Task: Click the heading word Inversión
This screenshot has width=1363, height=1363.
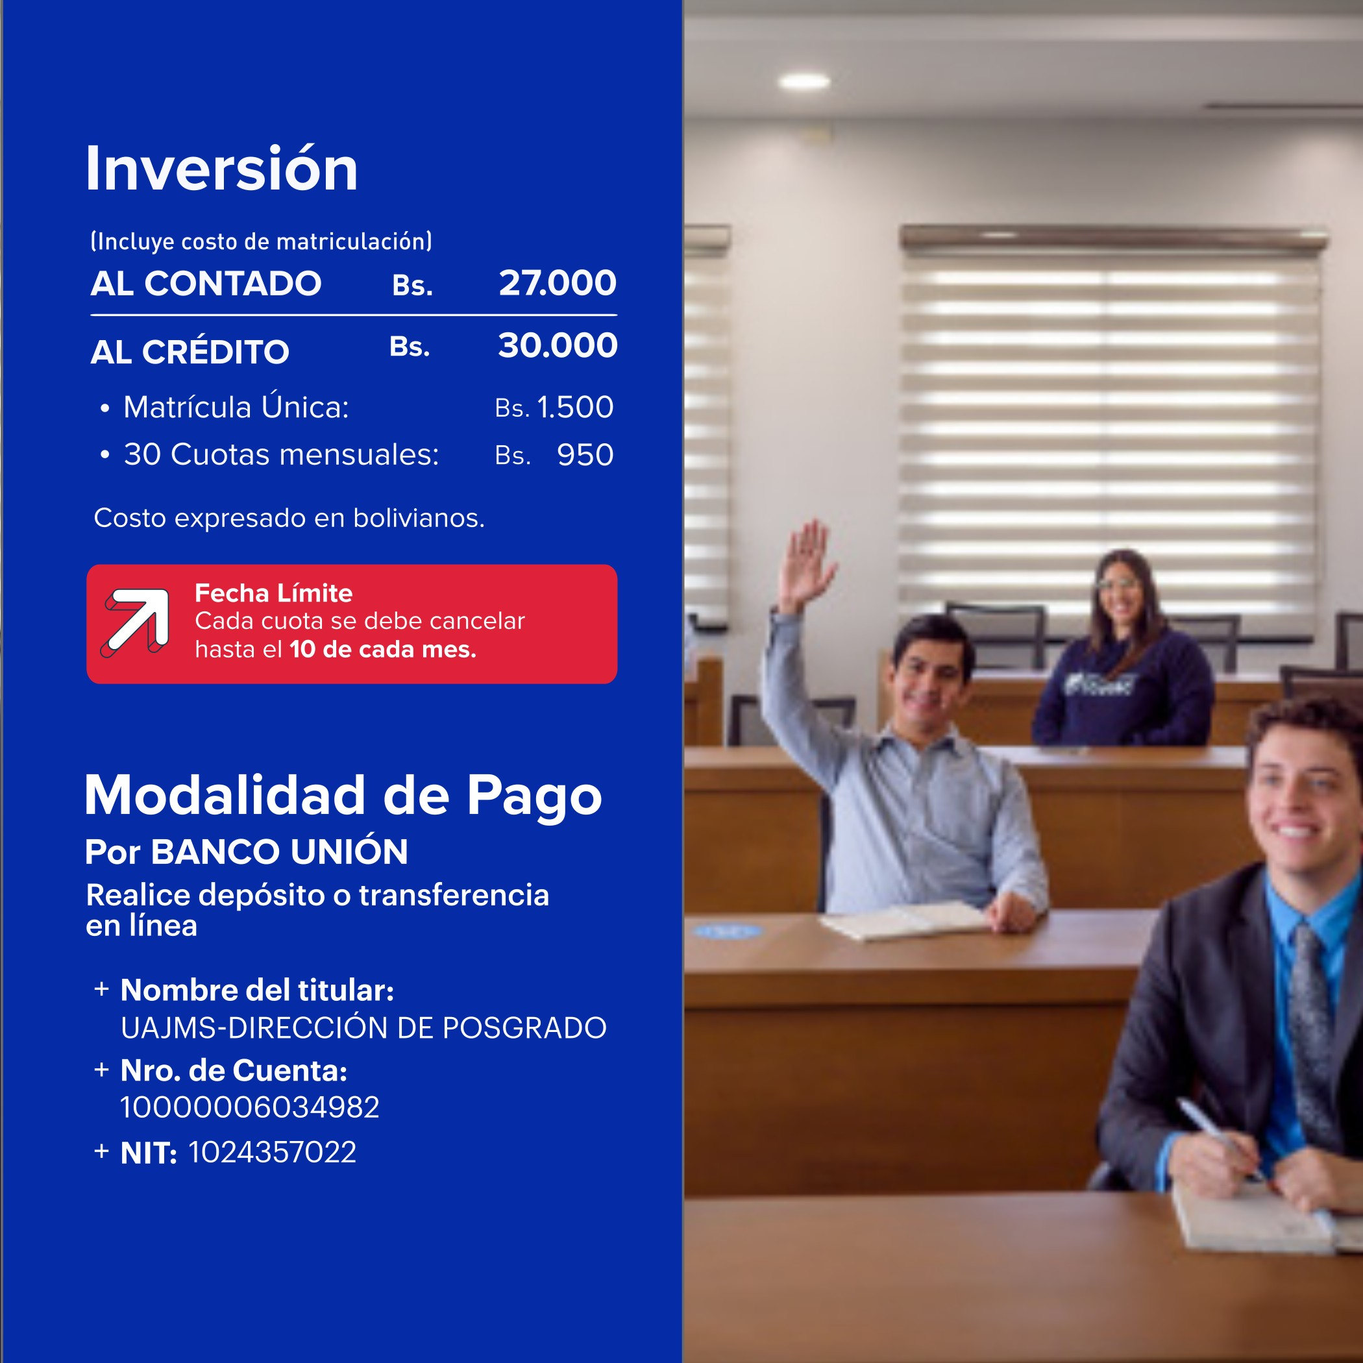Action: pos(221,169)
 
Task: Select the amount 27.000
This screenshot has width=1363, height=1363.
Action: pos(558,284)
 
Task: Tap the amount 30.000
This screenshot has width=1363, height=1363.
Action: pos(558,346)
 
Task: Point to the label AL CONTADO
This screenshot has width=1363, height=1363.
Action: pos(206,284)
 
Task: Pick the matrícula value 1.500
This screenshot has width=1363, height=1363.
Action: pos(575,408)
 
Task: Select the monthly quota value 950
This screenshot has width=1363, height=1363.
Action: pos(585,455)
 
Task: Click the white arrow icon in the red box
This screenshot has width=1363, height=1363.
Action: pos(136,623)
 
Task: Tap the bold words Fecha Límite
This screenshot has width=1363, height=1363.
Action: pos(274,593)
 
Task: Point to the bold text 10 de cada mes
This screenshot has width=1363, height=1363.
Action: pos(383,650)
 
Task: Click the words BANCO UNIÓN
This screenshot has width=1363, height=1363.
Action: pos(279,852)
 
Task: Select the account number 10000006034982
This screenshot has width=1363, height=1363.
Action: pos(251,1108)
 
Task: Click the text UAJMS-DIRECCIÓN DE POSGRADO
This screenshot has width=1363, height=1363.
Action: pos(363,1028)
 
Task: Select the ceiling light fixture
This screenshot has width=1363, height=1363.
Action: pos(804,81)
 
